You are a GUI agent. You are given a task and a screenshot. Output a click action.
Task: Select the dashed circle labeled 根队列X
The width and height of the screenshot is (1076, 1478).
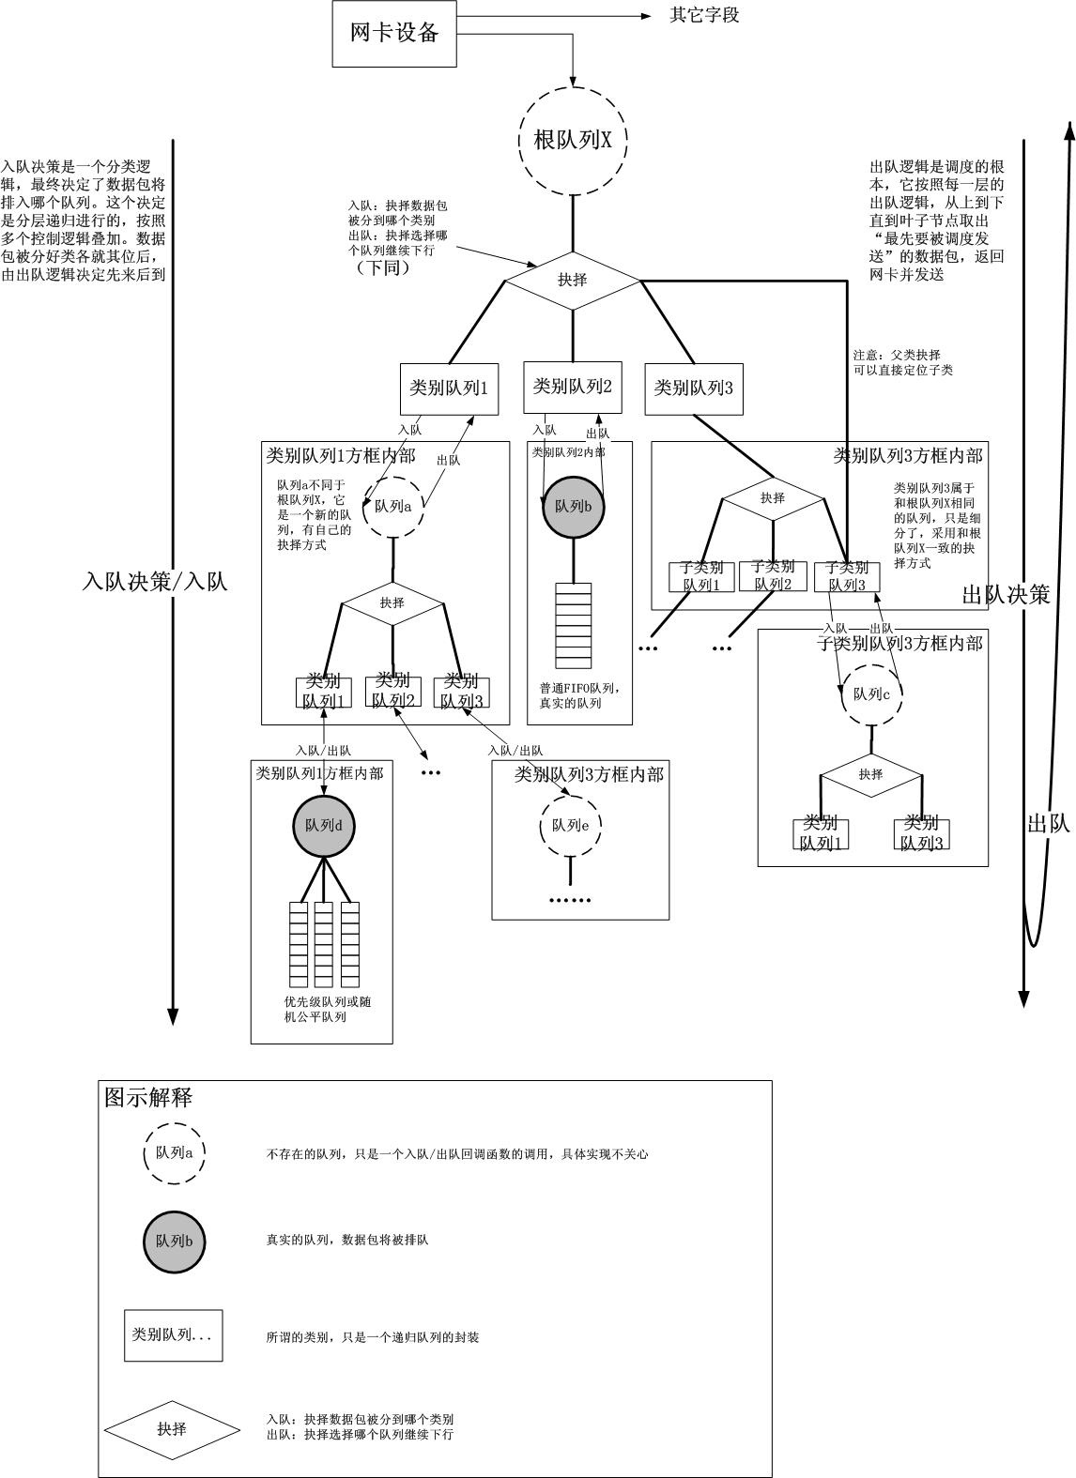click(x=573, y=141)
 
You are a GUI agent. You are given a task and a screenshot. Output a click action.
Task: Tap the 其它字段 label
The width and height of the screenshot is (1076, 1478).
click(x=704, y=16)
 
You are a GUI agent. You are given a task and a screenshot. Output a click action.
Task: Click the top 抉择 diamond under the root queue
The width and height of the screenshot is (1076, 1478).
click(x=573, y=280)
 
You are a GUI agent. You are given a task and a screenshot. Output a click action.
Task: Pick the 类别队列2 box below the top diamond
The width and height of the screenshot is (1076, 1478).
click(x=573, y=387)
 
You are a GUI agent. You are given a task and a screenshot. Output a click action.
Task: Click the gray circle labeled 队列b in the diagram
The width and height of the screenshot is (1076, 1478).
click(x=573, y=507)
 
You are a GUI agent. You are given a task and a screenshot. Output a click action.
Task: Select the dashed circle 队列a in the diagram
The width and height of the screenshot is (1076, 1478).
click(x=393, y=507)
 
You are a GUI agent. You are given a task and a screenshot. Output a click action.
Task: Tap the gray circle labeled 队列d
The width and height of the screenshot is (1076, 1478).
click(x=324, y=827)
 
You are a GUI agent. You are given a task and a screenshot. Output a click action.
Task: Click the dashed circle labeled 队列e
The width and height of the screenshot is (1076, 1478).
click(x=570, y=827)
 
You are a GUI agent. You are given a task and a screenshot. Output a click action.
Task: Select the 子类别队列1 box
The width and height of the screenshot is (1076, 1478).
click(x=701, y=576)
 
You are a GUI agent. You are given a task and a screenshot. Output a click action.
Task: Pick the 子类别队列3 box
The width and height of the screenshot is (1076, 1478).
click(x=847, y=576)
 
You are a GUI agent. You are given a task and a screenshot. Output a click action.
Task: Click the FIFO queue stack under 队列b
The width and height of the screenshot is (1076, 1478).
click(x=573, y=625)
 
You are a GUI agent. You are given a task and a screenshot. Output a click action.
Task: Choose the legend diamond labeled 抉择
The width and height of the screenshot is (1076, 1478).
click(x=172, y=1429)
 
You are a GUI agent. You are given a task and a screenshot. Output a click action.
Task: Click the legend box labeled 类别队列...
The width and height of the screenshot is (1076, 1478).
click(x=174, y=1334)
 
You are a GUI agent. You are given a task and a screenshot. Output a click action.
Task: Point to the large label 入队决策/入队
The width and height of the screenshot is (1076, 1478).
click(x=155, y=582)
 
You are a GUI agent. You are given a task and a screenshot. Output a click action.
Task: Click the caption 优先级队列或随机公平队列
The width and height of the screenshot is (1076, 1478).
click(x=321, y=1010)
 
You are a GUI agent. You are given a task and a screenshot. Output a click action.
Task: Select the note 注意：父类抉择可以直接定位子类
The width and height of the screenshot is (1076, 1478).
click(x=902, y=362)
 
